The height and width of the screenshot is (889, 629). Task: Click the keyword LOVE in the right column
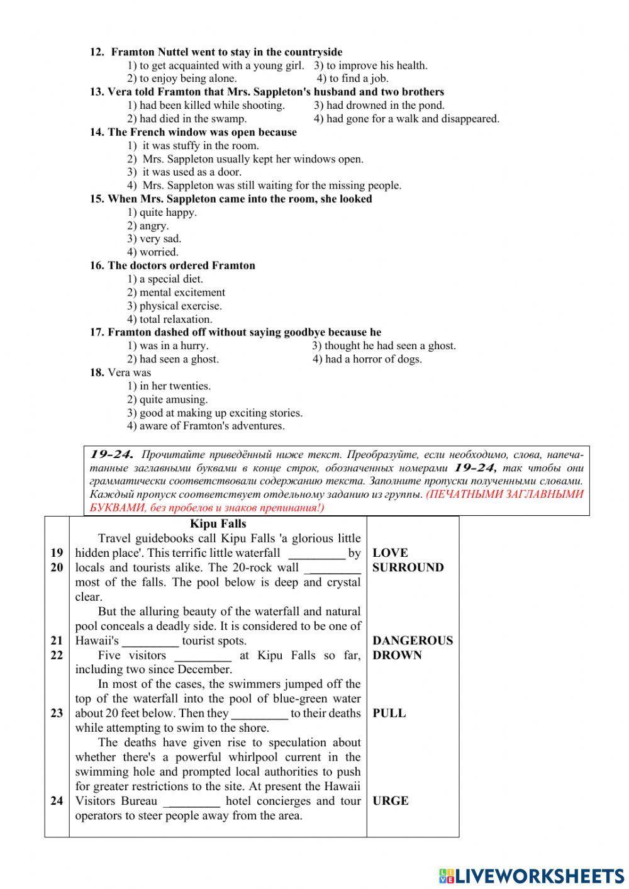click(x=390, y=553)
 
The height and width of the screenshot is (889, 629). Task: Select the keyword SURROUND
click(x=408, y=568)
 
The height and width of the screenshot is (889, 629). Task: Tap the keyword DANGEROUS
click(x=413, y=640)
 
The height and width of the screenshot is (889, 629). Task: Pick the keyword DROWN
click(x=397, y=655)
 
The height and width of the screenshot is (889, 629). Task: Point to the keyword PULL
click(x=389, y=713)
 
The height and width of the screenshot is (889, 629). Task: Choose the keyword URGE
click(x=390, y=801)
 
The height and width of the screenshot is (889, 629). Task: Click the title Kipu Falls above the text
click(x=218, y=524)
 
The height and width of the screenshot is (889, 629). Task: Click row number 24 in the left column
click(x=57, y=801)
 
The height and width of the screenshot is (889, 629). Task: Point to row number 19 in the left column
click(x=57, y=553)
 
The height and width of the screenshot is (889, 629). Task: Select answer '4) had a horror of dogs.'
click(x=367, y=359)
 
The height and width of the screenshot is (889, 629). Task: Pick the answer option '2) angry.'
click(x=148, y=226)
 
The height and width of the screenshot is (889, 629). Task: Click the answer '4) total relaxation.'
click(x=170, y=319)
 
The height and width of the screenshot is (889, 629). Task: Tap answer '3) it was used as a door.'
click(x=184, y=172)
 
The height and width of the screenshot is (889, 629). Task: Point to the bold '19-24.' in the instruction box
click(x=112, y=454)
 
